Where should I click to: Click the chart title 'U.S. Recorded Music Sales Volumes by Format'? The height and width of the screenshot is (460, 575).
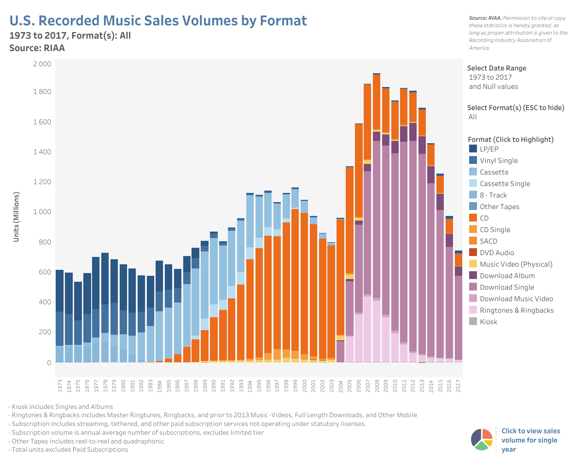click(x=158, y=21)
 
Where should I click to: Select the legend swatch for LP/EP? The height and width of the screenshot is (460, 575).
click(x=473, y=149)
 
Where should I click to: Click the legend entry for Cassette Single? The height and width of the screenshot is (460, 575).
click(x=505, y=183)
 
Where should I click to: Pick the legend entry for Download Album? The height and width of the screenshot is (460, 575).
click(x=507, y=275)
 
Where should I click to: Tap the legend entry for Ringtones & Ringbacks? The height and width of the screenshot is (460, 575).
click(x=516, y=310)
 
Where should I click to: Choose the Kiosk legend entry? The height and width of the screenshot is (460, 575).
click(x=488, y=321)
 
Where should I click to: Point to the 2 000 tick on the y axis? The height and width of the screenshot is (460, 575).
click(x=42, y=64)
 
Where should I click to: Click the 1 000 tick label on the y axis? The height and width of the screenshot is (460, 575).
click(x=42, y=211)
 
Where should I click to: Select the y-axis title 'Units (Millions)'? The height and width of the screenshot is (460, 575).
click(x=17, y=217)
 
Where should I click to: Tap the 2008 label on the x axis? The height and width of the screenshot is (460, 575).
click(x=377, y=386)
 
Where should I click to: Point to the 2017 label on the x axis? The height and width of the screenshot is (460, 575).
click(x=459, y=386)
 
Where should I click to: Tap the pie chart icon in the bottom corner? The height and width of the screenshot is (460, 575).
click(x=482, y=439)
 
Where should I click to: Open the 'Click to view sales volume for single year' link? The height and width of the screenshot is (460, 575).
click(x=530, y=440)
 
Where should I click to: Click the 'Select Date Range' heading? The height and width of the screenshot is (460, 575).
click(x=496, y=68)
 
